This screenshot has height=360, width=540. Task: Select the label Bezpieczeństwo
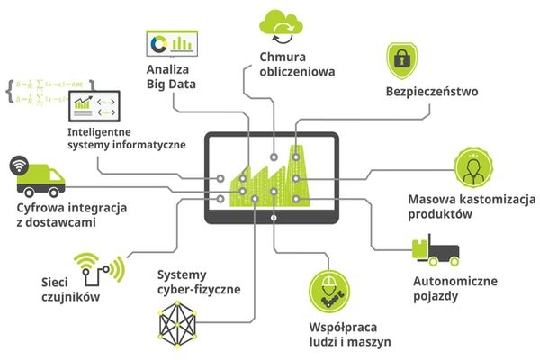431,92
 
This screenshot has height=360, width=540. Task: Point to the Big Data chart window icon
171,42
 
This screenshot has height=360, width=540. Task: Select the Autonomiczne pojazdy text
454,288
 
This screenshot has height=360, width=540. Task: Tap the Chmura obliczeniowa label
283,66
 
